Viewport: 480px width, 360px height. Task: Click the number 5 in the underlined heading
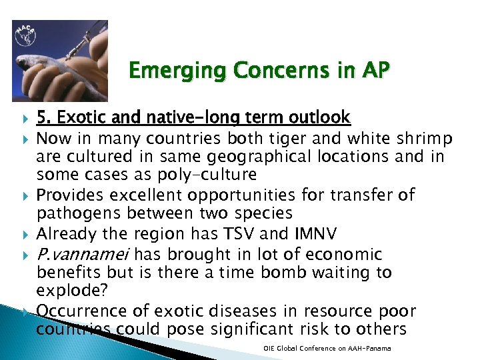click(x=41, y=118)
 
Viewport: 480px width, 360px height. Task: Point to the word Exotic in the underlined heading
click(x=77, y=118)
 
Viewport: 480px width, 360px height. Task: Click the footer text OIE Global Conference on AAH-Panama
click(x=327, y=349)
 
